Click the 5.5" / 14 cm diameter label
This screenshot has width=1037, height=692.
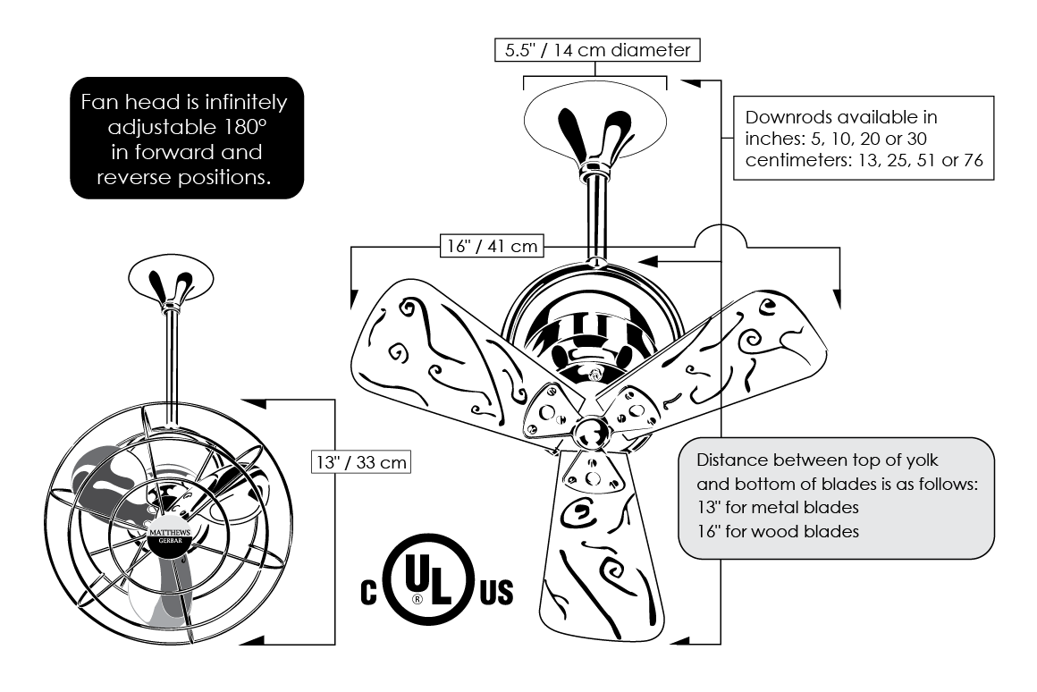click(596, 50)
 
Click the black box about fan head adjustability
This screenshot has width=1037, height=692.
click(186, 138)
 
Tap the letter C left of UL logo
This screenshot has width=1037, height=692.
click(369, 593)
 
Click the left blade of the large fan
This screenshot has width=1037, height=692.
click(438, 358)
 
